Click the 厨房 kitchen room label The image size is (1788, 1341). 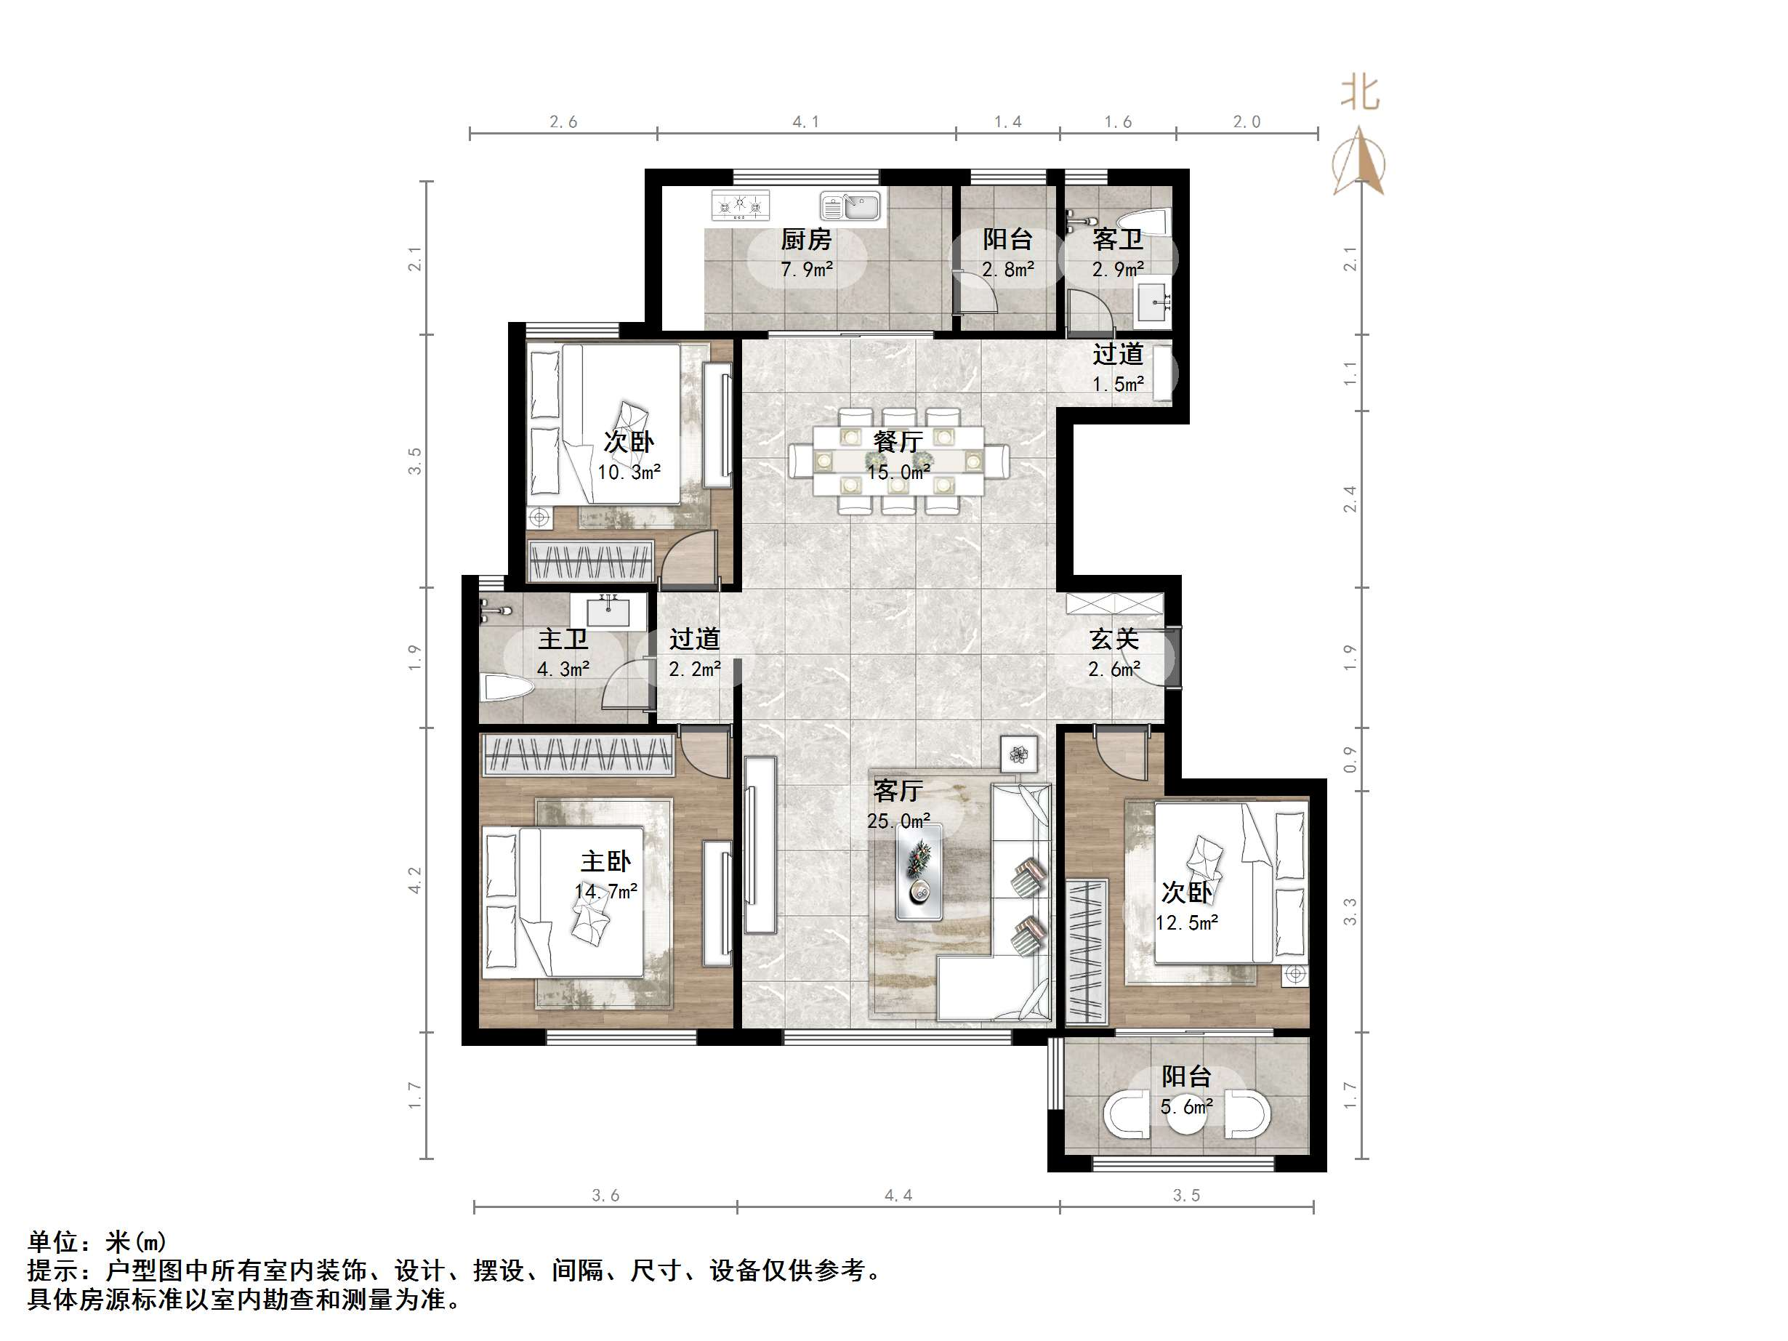805,239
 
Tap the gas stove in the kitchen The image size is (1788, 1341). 740,205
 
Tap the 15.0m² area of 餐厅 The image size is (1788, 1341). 899,472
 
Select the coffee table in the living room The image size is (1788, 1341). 919,871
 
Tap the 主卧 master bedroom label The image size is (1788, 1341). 605,861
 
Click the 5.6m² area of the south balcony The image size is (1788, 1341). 1185,1106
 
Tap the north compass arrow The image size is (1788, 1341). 1360,161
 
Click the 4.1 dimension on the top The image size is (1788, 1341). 805,122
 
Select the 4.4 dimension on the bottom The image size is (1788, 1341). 898,1196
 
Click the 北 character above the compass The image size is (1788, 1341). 1360,92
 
